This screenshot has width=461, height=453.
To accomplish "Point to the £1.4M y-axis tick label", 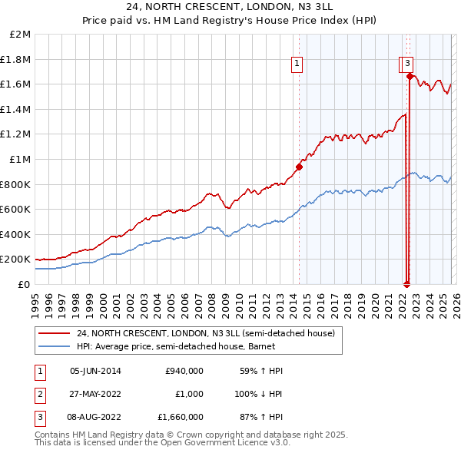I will (x=16, y=110).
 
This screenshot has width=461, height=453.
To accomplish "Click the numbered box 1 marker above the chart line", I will (x=297, y=64).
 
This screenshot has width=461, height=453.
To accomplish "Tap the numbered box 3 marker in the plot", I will (x=407, y=64).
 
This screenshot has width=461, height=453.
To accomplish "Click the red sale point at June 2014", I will (x=299, y=167).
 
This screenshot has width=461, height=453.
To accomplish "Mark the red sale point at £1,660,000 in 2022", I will (x=410, y=77).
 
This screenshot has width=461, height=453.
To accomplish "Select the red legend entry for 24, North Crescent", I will (x=205, y=334).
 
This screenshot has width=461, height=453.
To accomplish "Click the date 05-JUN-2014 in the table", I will (x=95, y=371).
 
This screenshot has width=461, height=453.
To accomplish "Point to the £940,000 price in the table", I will (x=184, y=371).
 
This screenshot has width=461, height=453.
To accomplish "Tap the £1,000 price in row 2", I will (x=189, y=394).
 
